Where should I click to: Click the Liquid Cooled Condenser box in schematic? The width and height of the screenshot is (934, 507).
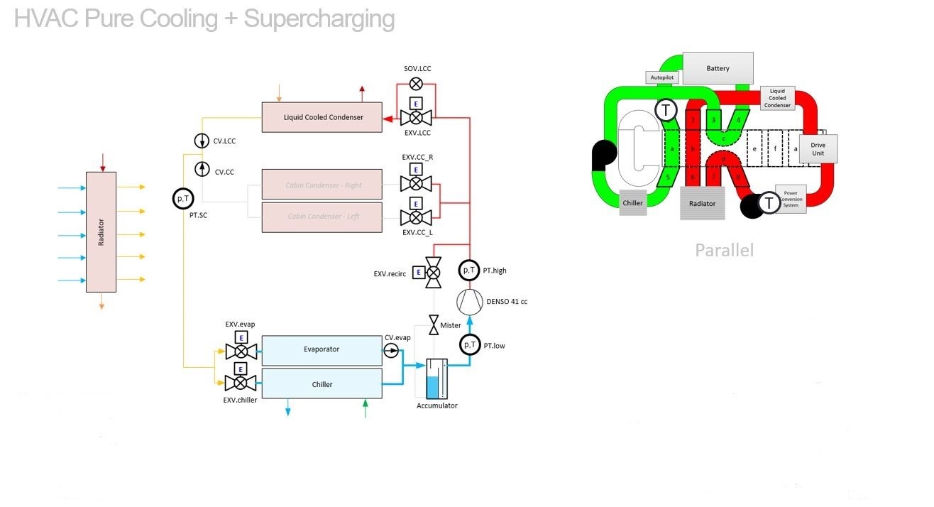[322, 117]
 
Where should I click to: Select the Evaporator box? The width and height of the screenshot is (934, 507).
[322, 349]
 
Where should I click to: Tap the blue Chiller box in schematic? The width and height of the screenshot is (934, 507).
[322, 384]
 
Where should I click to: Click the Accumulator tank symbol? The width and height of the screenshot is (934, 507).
[432, 378]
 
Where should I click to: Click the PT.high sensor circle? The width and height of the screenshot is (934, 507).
[468, 271]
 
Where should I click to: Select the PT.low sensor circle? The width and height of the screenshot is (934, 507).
[468, 345]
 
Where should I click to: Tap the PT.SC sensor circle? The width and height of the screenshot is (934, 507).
[183, 199]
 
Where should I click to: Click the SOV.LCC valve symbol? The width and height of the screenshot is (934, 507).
[416, 84]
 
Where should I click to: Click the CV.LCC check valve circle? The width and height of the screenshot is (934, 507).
[202, 141]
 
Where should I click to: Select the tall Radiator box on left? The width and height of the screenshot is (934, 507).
[101, 231]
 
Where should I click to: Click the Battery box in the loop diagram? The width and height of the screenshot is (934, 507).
[718, 69]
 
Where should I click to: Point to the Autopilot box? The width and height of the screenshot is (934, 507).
[661, 77]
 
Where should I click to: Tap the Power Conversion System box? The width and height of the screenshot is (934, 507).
[791, 199]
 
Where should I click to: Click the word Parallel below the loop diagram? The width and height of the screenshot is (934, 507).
[724, 250]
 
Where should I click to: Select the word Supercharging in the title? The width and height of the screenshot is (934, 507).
[319, 19]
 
